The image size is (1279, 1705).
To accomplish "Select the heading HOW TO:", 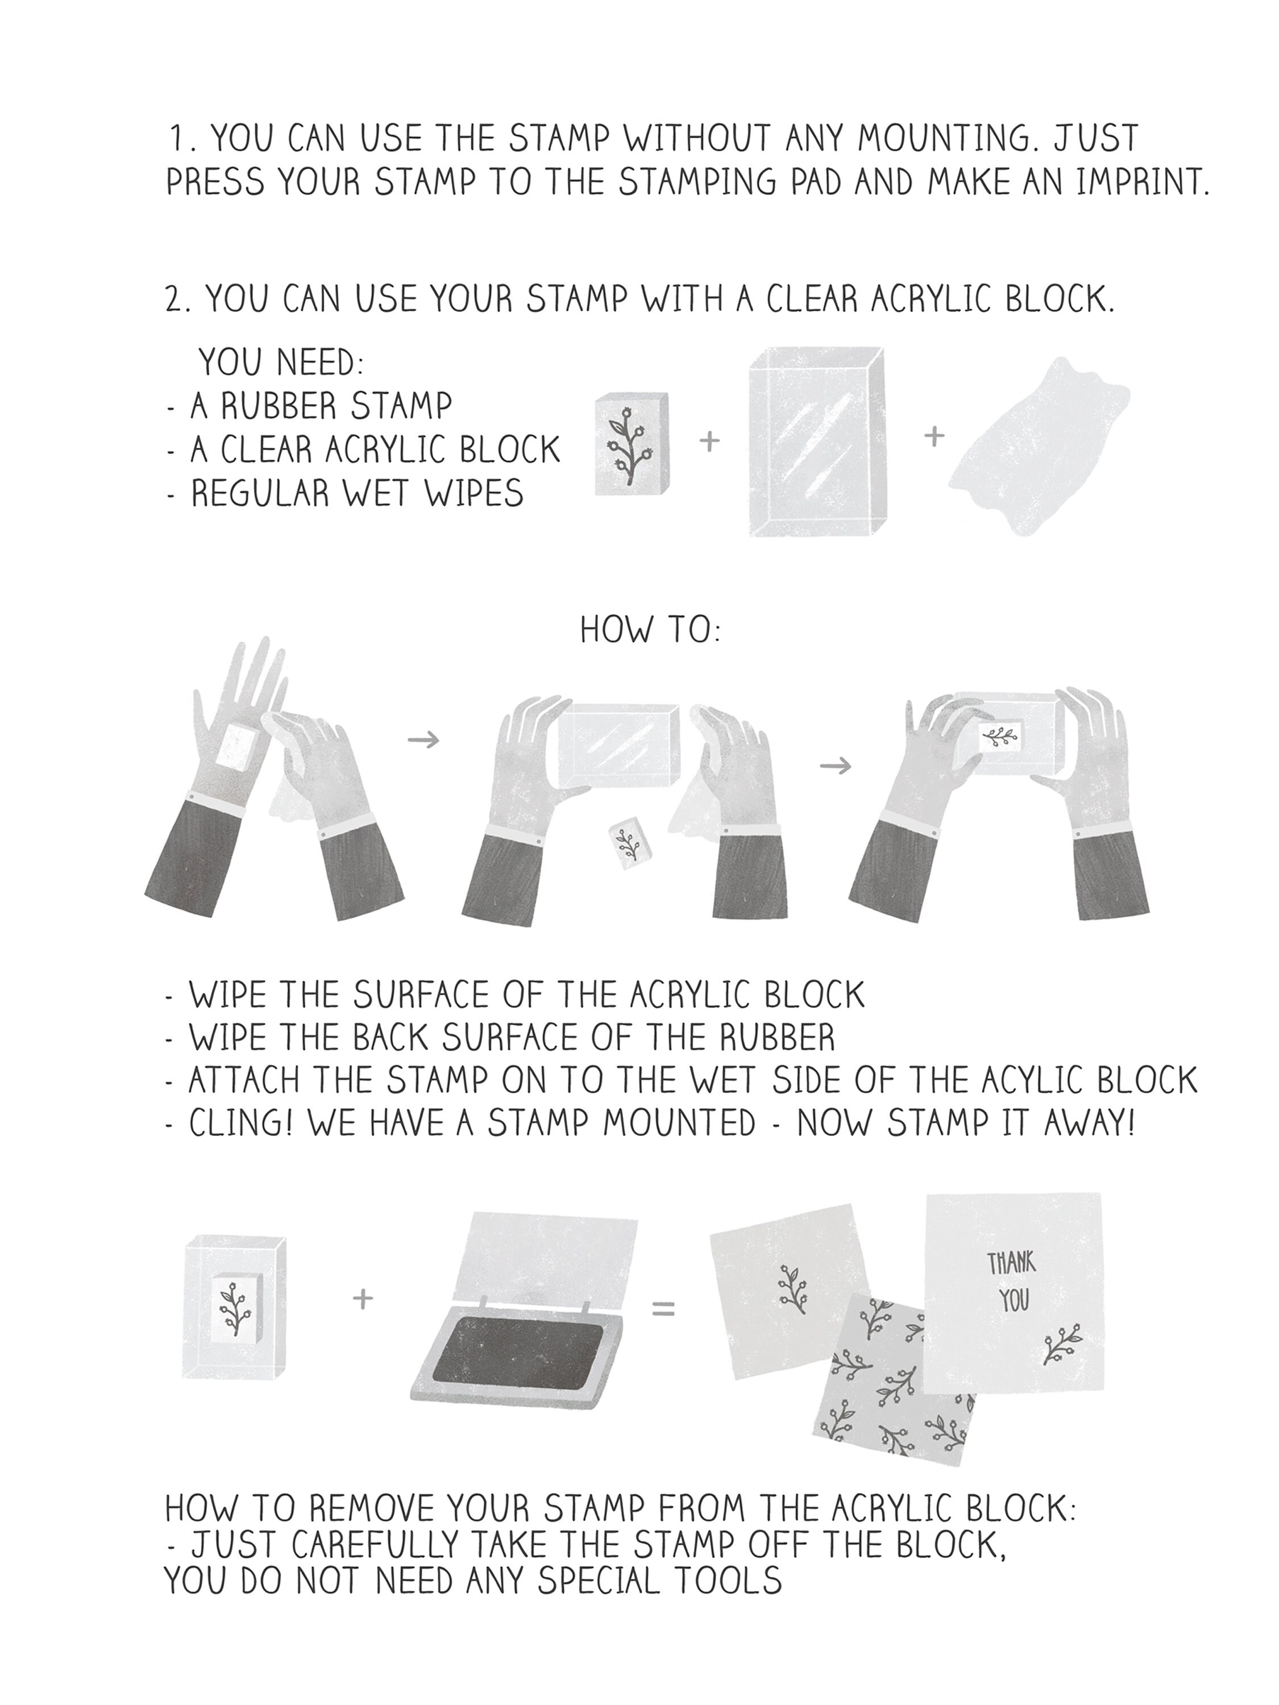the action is (x=650, y=630).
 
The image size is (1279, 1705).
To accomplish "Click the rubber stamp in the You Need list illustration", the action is (x=632, y=443).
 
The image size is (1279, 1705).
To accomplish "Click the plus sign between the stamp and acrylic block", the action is (x=709, y=441).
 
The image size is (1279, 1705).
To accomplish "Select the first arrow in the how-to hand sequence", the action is (x=423, y=740).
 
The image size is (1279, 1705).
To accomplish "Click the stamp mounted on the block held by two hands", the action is (x=1000, y=736).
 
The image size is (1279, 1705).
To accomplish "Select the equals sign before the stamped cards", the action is (x=664, y=1309).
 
